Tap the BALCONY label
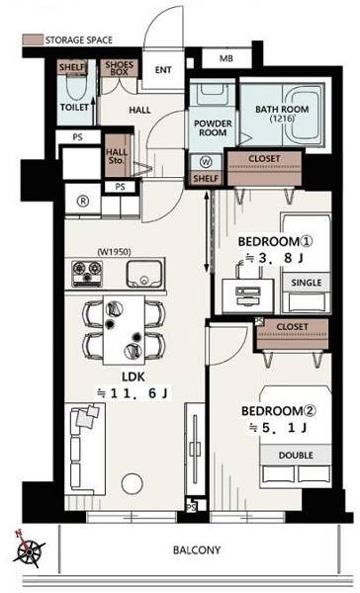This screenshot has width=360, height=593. (x=197, y=550)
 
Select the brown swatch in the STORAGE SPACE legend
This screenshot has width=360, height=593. (x=33, y=41)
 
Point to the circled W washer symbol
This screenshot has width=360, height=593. (x=206, y=162)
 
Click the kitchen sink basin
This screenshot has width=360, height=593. (x=143, y=274)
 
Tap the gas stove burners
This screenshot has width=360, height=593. (x=87, y=273)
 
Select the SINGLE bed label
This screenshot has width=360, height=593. (x=307, y=283)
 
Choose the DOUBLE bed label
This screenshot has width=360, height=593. (x=296, y=455)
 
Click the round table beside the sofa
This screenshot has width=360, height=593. (x=133, y=483)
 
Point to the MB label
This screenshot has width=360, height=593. (x=226, y=58)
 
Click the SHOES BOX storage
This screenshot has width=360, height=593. (x=120, y=68)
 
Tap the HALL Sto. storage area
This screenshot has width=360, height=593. (x=117, y=156)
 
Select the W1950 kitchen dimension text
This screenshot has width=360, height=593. (x=114, y=251)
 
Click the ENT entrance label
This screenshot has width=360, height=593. (x=163, y=70)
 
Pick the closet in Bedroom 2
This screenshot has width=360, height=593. (x=292, y=334)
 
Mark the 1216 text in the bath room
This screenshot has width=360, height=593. (x=283, y=119)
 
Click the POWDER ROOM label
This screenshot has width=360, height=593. (x=213, y=127)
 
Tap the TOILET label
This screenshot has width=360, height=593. (x=74, y=108)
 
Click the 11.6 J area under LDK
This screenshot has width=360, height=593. (x=133, y=393)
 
